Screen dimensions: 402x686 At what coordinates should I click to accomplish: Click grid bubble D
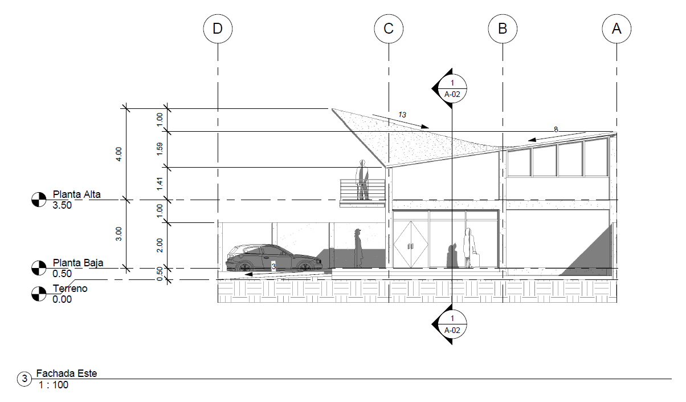[x=218, y=29]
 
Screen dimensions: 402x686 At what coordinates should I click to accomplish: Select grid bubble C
[x=389, y=29]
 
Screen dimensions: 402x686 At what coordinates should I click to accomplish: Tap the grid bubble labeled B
[x=503, y=29]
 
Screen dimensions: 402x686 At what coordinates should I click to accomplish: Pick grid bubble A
[x=616, y=29]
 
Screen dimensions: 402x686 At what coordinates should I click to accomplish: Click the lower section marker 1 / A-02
[x=452, y=324]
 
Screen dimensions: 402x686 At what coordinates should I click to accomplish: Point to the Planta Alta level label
[x=76, y=194]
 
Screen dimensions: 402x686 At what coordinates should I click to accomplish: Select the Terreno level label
[x=70, y=289]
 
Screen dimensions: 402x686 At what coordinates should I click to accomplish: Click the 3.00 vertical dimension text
[x=119, y=234]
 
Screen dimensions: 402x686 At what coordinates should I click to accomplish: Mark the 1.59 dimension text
[x=160, y=149]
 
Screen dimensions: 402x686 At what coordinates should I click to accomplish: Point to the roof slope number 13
[x=402, y=115]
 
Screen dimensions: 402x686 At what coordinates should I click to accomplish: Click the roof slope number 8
[x=556, y=130]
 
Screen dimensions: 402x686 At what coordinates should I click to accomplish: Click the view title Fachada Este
[x=67, y=374]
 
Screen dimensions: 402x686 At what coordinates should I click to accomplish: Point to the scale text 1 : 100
[x=54, y=385]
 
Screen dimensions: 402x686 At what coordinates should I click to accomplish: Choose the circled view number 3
[x=24, y=379]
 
